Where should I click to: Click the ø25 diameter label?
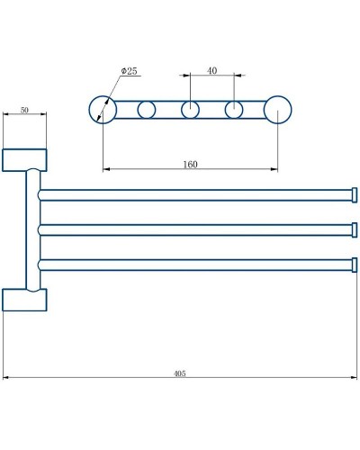130,71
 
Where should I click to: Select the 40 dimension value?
211,70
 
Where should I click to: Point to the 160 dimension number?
189,164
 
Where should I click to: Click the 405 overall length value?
179,373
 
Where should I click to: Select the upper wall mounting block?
24,159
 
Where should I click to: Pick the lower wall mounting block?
24,299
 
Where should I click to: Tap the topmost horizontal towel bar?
193,194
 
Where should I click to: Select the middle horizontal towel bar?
193,229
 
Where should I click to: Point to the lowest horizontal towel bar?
193,265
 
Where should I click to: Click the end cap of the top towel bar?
354,194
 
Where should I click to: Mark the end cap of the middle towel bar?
354,229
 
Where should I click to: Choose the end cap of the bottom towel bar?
354,265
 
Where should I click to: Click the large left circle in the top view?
103,111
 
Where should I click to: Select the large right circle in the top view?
278,111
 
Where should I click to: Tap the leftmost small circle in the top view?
147,111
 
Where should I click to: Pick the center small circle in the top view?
190,111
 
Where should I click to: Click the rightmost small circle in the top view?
234,111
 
